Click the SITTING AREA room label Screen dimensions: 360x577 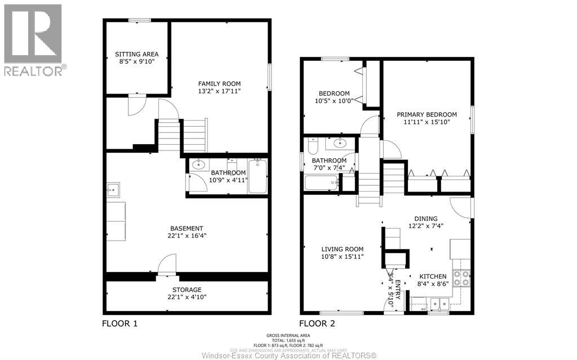[x=137, y=54]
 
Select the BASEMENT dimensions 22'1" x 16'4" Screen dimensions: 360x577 [x=187, y=236]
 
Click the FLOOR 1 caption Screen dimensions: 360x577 [x=119, y=323]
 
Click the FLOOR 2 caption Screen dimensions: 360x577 [x=317, y=323]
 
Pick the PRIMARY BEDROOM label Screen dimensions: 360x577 [x=430, y=114]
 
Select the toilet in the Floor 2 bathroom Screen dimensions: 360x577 [x=313, y=145]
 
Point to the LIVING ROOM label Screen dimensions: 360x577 [x=342, y=249]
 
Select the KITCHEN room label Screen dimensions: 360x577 [x=433, y=277]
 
